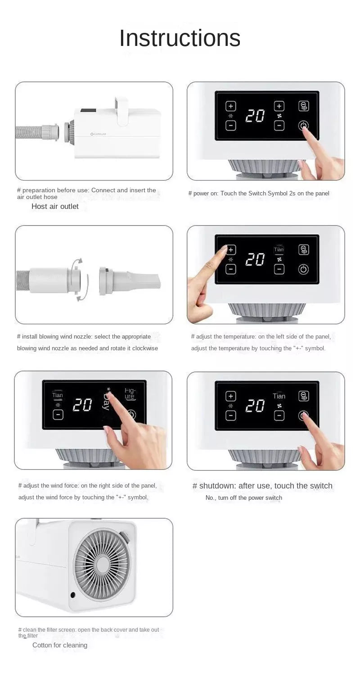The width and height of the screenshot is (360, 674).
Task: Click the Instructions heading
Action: [180, 38]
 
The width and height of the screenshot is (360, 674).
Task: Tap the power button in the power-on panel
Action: [303, 125]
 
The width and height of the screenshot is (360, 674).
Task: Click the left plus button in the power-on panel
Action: [231, 106]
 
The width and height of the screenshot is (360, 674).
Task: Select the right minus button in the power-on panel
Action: [279, 125]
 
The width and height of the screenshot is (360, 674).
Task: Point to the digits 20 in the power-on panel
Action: [255, 116]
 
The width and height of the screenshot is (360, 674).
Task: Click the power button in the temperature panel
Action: [303, 269]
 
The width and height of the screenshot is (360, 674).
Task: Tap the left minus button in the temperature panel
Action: [231, 269]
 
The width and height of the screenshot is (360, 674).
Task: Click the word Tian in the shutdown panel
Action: [279, 396]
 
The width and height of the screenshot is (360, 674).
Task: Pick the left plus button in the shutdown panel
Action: [231, 396]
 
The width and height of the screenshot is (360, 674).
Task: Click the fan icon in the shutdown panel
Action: [279, 406]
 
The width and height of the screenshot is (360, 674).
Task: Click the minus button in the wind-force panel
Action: [58, 415]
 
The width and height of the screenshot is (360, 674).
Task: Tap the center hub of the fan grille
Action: [103, 565]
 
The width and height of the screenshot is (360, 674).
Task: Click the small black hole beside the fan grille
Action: [73, 595]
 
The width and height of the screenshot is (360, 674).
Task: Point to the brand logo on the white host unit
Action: [98, 134]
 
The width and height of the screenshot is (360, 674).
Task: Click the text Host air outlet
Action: [55, 206]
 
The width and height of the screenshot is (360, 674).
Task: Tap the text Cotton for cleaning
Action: [60, 645]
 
